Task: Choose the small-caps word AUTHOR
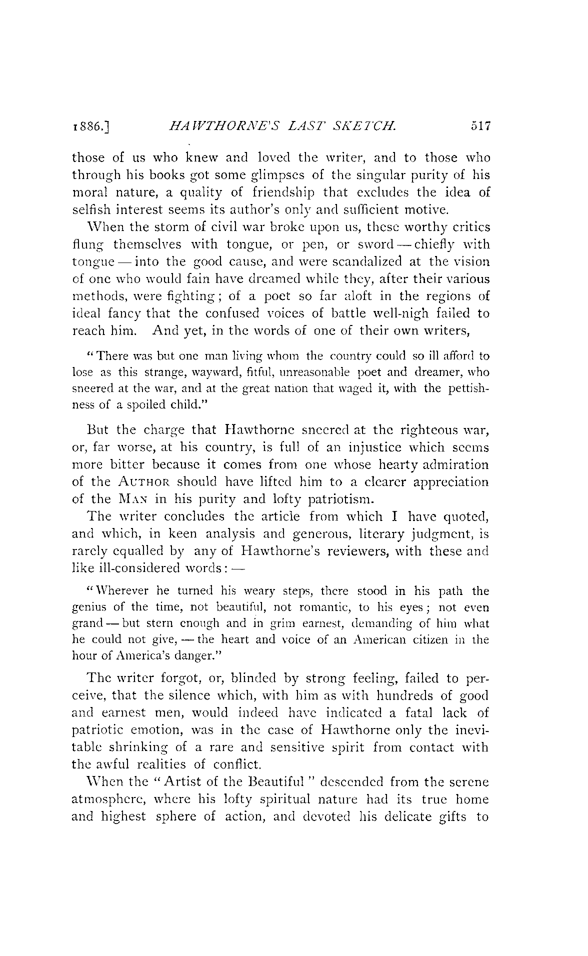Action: (148, 482)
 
